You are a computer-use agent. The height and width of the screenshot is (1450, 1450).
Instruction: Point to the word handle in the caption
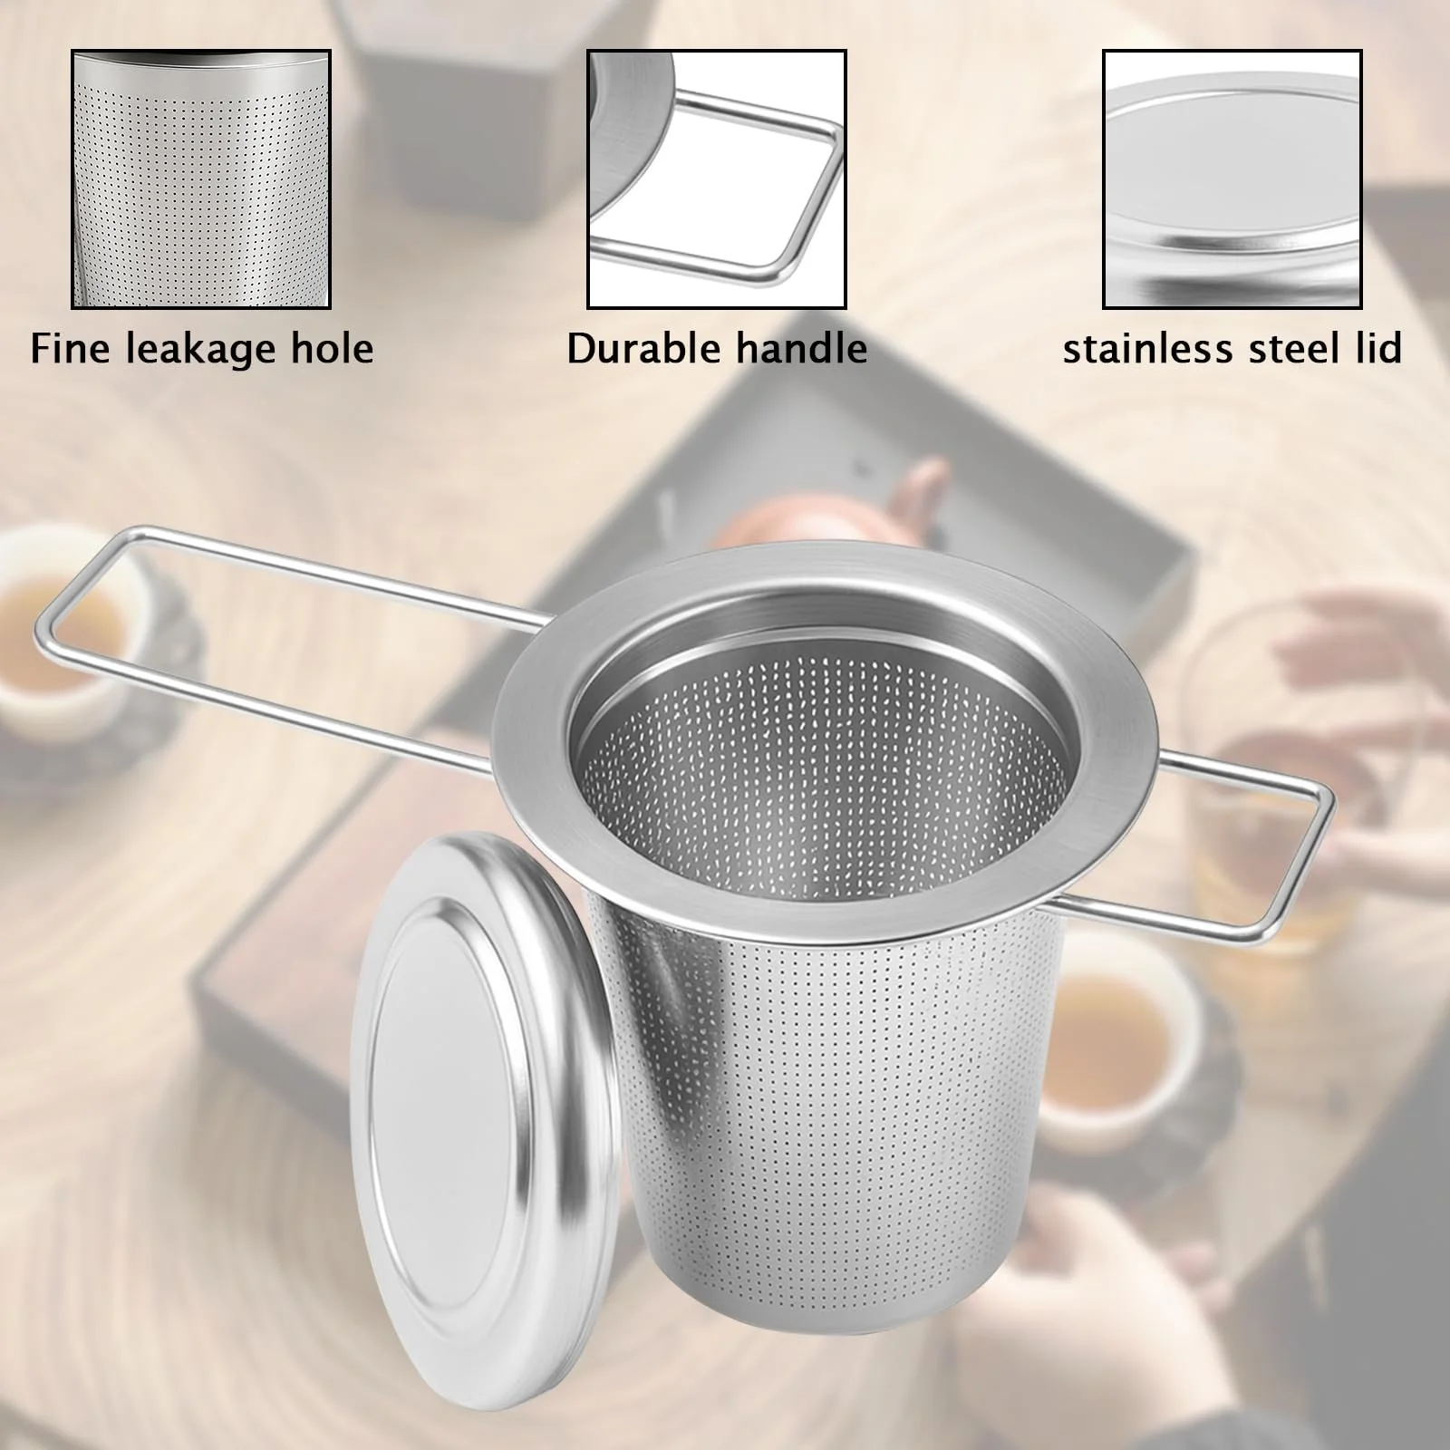click(798, 349)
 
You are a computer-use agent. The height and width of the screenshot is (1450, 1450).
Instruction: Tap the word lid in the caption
click(1380, 349)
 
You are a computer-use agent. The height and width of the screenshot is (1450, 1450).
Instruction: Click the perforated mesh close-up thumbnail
click(201, 179)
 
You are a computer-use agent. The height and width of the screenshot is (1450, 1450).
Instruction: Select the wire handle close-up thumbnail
click(717, 179)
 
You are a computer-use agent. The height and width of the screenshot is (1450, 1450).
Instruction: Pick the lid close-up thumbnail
click(1232, 179)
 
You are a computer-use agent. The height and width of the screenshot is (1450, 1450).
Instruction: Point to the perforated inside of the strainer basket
click(825, 779)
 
